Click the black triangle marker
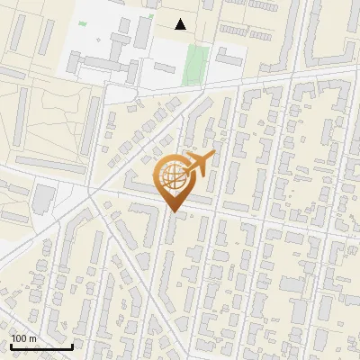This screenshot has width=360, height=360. click(x=181, y=24)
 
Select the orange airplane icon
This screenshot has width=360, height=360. click(x=200, y=163)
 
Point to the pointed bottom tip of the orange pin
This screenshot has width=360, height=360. click(x=175, y=212)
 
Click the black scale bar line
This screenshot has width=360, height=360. click(x=41, y=346)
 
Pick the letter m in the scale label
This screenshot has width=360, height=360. click(x=33, y=338)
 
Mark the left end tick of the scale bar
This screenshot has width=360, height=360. click(x=11, y=346)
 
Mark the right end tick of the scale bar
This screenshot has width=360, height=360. click(x=72, y=346)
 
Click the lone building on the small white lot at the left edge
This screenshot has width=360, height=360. click(x=43, y=198)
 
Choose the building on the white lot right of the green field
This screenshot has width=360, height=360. click(x=229, y=58)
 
